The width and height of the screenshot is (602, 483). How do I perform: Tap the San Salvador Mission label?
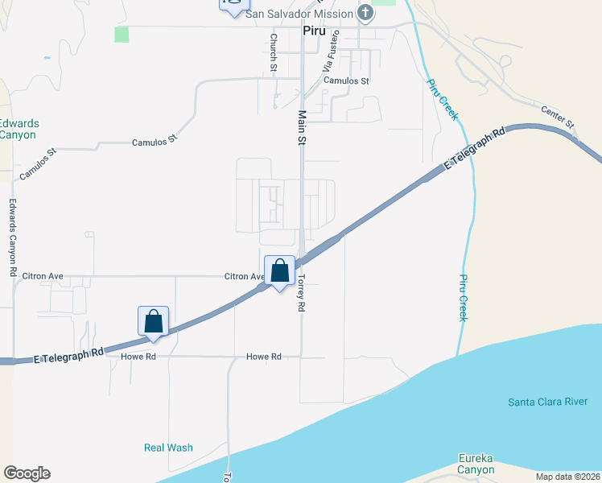tap(299, 14)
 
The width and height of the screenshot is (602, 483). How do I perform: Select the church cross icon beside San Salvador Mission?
tap(365, 13)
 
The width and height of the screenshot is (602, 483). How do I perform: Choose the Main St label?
tap(303, 128)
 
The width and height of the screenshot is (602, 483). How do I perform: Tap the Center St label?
tap(558, 118)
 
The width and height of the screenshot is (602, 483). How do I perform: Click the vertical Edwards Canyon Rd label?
tap(14, 238)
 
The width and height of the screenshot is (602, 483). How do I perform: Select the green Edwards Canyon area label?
tap(19, 129)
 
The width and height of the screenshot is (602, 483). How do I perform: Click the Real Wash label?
tap(168, 448)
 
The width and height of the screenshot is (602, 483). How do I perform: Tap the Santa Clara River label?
tap(554, 402)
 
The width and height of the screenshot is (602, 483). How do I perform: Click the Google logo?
tap(27, 473)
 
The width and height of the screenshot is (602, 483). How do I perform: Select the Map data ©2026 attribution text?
tap(567, 477)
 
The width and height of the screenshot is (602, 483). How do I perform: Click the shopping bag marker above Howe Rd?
tap(153, 320)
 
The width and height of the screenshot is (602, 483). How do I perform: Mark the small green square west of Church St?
tap(122, 35)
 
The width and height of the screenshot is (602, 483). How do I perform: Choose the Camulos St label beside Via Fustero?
tap(346, 81)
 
